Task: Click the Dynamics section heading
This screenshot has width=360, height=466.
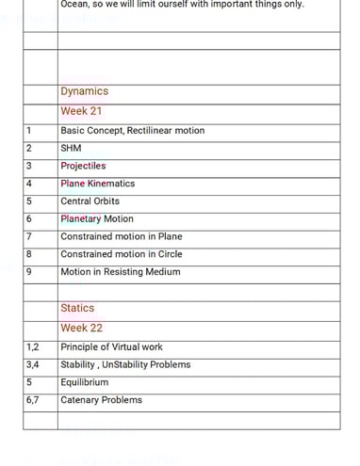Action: click(x=84, y=91)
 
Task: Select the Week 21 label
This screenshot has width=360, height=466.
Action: click(x=81, y=111)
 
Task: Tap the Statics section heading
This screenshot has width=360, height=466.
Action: click(x=77, y=308)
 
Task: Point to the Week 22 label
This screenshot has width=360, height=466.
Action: click(x=81, y=328)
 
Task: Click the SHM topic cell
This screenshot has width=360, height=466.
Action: click(x=71, y=148)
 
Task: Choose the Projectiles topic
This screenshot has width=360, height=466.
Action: click(x=83, y=166)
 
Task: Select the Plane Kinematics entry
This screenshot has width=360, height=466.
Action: click(x=97, y=184)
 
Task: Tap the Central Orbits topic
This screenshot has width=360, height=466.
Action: click(x=90, y=201)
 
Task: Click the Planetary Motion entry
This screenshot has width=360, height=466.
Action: click(x=96, y=219)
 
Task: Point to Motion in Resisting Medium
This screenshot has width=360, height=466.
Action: click(x=120, y=272)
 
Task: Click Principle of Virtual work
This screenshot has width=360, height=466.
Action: click(x=111, y=347)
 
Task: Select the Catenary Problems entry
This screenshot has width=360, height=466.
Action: click(x=101, y=400)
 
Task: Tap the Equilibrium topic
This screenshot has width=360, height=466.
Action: click(x=84, y=382)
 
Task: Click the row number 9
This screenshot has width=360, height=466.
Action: click(x=29, y=272)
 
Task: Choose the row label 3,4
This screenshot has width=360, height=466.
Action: click(x=33, y=364)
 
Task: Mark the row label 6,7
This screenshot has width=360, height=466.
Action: click(x=33, y=400)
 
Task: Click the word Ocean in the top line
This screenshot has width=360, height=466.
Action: click(x=74, y=4)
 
